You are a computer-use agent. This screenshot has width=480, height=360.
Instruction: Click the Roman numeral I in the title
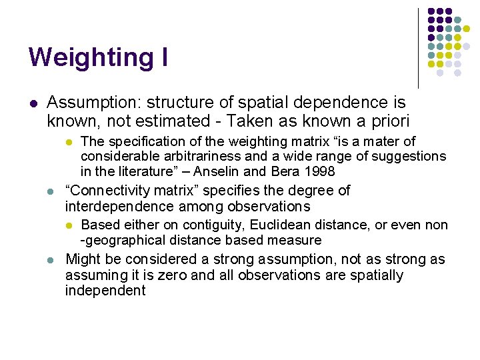163,57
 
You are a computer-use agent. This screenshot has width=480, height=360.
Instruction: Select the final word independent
105,291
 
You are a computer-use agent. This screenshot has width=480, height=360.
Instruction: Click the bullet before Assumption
33,103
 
